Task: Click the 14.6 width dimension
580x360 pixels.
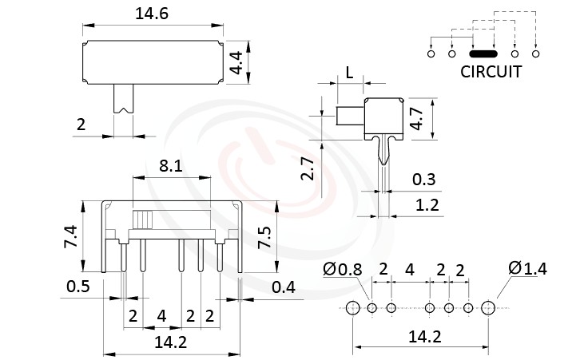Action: coord(150,14)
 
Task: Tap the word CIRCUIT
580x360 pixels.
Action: coord(491,72)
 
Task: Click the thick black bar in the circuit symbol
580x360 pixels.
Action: coord(483,54)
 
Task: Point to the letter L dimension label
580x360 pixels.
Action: coord(350,73)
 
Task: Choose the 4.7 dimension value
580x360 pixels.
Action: coord(415,117)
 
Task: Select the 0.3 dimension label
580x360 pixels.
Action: coord(425,179)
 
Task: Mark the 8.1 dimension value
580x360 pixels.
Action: coord(171,166)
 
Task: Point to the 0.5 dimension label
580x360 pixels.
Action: coord(77,287)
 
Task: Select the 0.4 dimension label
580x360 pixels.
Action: coord(284,287)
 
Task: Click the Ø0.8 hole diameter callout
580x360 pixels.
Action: coord(344,270)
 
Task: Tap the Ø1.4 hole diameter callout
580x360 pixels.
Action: coord(527,269)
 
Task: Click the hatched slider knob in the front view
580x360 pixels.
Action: coord(144,220)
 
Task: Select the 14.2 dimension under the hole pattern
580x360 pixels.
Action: coord(424,337)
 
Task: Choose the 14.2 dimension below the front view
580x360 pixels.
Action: coord(171,342)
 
